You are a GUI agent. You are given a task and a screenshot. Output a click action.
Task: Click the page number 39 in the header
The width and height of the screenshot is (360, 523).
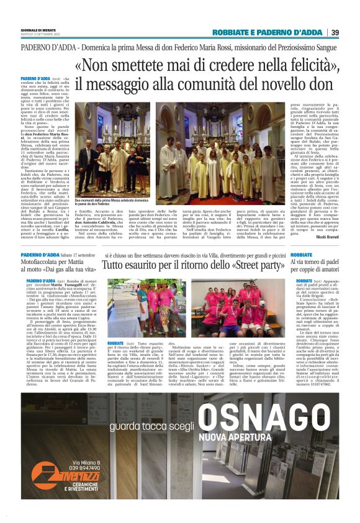click(335, 32)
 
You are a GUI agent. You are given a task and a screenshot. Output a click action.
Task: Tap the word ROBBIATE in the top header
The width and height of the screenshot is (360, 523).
click(232, 32)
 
